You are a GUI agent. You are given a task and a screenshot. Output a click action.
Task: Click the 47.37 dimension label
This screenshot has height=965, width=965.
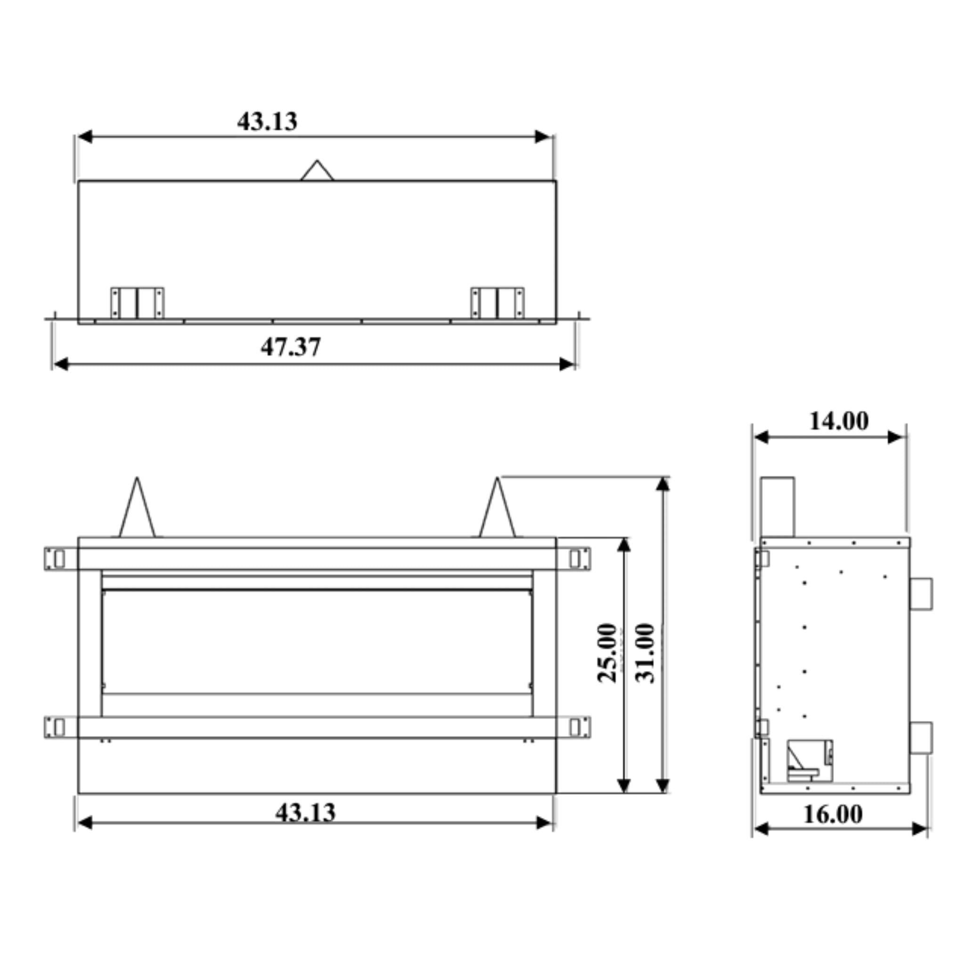point(290,347)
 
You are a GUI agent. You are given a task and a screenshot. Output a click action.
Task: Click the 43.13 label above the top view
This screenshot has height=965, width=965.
point(267,122)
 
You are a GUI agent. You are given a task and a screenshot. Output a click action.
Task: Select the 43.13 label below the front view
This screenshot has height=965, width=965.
point(305,813)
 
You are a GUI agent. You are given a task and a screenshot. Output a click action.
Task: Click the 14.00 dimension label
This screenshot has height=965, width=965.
point(839,421)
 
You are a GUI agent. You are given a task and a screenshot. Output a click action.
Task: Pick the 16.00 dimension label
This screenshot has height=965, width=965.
point(833,815)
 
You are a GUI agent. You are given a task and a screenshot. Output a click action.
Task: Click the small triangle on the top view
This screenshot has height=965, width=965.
point(317,172)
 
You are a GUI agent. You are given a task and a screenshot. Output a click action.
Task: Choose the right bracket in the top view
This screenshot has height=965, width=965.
point(498,303)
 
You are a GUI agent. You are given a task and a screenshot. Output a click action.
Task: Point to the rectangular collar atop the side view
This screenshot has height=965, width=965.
point(777,507)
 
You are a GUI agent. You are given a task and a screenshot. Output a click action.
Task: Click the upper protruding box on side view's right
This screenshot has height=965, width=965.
point(921,594)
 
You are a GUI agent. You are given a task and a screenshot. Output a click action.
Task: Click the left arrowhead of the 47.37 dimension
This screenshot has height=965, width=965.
point(60,364)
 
